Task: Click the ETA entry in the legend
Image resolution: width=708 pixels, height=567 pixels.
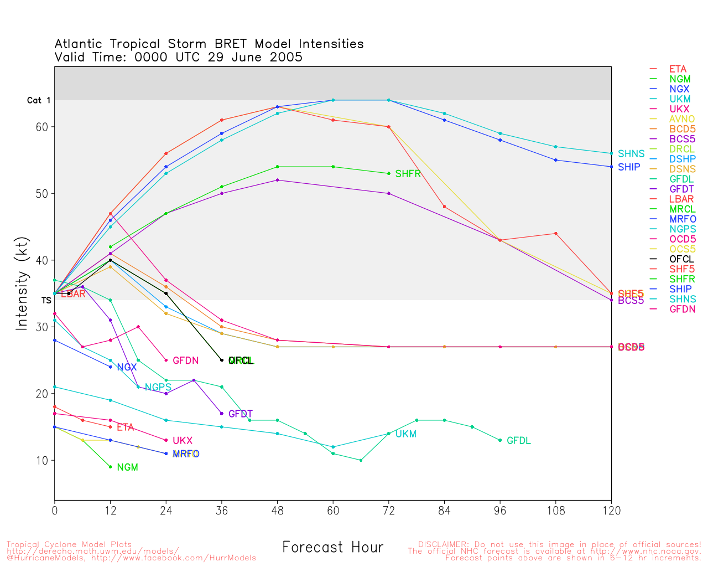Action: pos(678,69)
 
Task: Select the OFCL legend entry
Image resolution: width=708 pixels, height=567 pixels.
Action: pos(681,259)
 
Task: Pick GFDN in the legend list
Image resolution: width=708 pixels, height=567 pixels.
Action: pos(682,309)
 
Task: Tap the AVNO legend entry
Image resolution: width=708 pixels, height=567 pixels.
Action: pos(681,119)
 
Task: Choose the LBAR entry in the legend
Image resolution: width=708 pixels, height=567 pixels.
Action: pos(681,199)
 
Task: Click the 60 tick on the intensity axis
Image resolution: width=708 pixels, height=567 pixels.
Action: pos(42,127)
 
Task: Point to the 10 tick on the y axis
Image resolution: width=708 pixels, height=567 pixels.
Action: pos(42,461)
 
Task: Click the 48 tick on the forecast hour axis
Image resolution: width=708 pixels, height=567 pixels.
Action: pos(277,511)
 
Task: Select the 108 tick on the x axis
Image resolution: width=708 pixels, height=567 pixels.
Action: pos(556,511)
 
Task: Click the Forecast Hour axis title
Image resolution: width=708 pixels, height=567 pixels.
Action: pos(332,548)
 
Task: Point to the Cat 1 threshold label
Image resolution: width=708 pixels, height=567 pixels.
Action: pos(39,100)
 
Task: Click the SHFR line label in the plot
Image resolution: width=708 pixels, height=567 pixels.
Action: pos(408,174)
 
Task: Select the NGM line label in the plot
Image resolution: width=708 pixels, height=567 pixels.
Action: pos(127,467)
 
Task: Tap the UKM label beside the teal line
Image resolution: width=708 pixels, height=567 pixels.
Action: pos(405,434)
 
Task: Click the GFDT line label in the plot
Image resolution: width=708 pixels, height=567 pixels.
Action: pos(240,414)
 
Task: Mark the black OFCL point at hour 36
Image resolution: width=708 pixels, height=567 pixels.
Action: pos(222,360)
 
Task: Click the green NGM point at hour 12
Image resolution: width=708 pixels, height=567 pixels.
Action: pos(111,467)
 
